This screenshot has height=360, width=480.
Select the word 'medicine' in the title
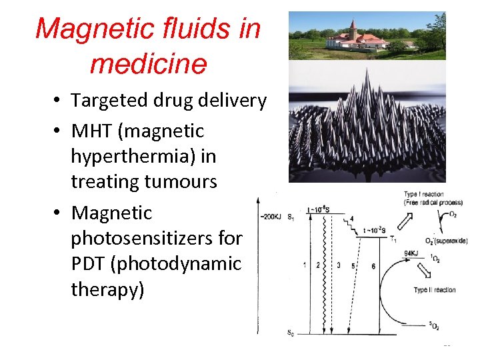coord(147,65)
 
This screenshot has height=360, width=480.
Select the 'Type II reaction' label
coord(435,290)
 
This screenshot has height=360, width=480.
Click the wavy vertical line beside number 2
coord(325,267)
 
